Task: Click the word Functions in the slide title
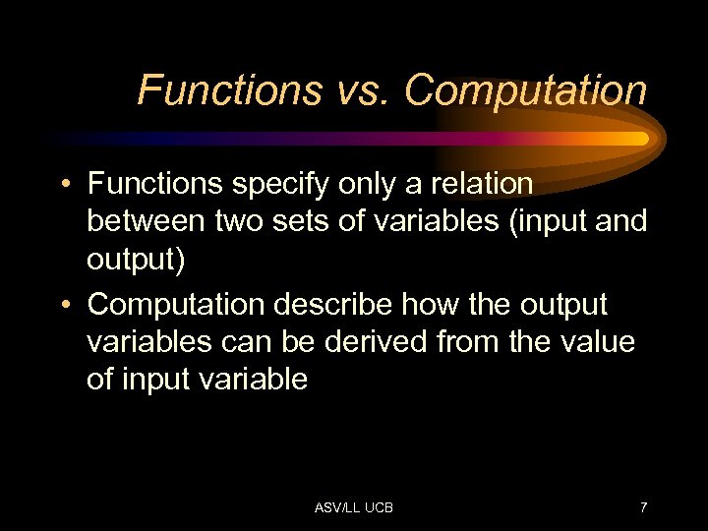(x=229, y=90)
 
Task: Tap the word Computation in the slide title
(x=525, y=90)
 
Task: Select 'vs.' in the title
(x=361, y=90)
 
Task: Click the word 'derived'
(x=361, y=342)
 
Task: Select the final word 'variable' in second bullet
(x=255, y=379)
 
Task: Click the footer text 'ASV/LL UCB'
(x=353, y=507)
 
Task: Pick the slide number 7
(x=643, y=507)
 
